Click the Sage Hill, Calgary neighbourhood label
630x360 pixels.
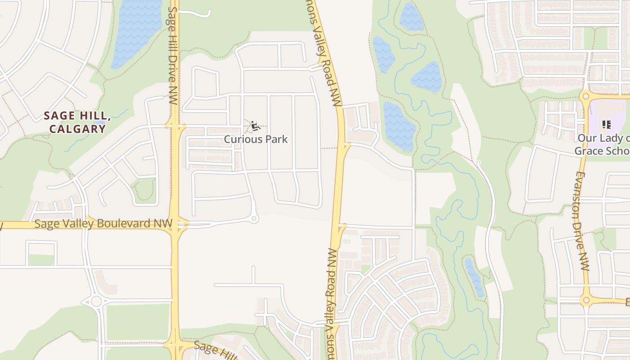tap(75, 122)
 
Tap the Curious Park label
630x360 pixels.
tap(256, 139)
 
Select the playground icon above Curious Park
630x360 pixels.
tap(255, 126)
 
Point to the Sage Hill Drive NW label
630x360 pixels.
tap(172, 56)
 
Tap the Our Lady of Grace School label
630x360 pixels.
tap(602, 144)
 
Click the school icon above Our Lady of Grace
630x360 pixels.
tap(606, 124)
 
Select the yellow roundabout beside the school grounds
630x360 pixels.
tap(585, 96)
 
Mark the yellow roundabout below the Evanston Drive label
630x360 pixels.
tap(585, 299)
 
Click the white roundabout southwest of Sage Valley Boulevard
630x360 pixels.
tap(96, 301)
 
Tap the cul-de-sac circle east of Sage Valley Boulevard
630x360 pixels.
tap(254, 219)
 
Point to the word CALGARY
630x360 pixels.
tap(77, 129)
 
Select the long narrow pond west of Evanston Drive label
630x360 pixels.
tap(474, 277)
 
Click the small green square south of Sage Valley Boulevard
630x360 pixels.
tap(41, 260)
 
